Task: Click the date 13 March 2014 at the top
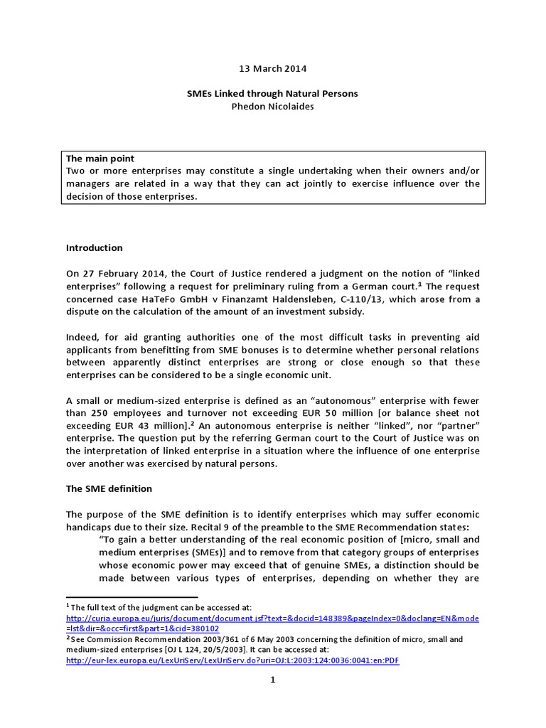click(x=273, y=68)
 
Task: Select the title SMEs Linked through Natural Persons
click(x=273, y=93)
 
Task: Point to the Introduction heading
click(x=95, y=248)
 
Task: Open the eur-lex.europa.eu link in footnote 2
click(x=231, y=660)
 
